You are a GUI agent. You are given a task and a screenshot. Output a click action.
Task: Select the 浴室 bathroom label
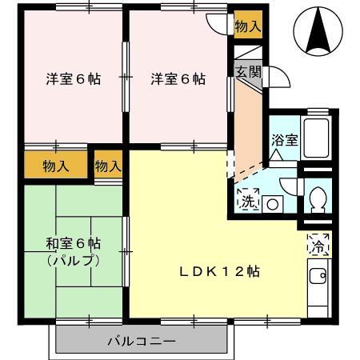pos(284,139)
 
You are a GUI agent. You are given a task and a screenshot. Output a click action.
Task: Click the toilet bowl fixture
pos(317,197)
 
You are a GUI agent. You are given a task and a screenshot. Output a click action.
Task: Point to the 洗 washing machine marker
pos(247,201)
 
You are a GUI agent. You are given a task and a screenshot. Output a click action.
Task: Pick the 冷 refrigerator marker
pos(318,245)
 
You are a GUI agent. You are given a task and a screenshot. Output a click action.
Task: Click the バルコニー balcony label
pos(141,342)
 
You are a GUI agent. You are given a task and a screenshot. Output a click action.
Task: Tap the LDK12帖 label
pos(218,270)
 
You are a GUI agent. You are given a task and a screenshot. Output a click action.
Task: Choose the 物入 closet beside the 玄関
pos(246,26)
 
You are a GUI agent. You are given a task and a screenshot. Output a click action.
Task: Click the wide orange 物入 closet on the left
pos(55,166)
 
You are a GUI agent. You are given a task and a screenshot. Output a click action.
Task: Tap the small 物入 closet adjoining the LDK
pos(107,166)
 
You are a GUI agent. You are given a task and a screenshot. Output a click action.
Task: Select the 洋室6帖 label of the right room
pos(178,79)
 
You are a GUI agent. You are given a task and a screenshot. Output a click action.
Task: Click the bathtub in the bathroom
pos(317,138)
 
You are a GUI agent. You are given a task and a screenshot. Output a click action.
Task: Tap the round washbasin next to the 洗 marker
pos(272,204)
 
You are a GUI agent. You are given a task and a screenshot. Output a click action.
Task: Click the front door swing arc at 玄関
pos(281,77)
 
